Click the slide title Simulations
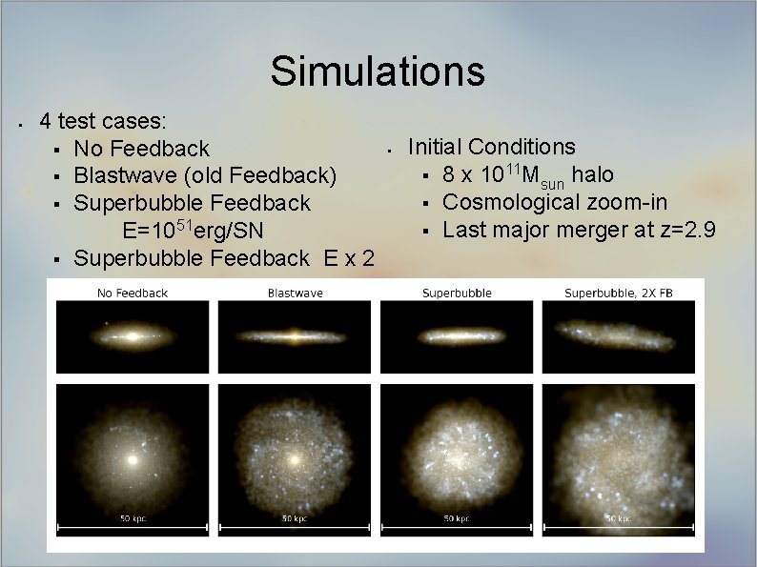377,71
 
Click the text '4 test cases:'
103,122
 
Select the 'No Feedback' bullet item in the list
141,149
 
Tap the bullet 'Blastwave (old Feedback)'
205,175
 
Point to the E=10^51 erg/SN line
193,231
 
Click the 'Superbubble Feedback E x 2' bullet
223,257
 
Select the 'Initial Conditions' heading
491,147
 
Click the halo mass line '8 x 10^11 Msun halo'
528,175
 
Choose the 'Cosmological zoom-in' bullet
555,202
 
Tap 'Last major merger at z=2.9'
580,230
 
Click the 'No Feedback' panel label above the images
133,293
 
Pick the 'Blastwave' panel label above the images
295,293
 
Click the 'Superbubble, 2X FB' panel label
618,293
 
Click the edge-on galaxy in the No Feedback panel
133,336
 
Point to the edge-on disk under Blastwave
295,336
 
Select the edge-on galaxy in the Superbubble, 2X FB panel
619,336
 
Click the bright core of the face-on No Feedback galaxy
133,458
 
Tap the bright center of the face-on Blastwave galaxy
295,459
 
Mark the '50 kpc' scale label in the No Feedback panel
133,519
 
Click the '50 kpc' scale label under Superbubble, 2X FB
619,519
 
